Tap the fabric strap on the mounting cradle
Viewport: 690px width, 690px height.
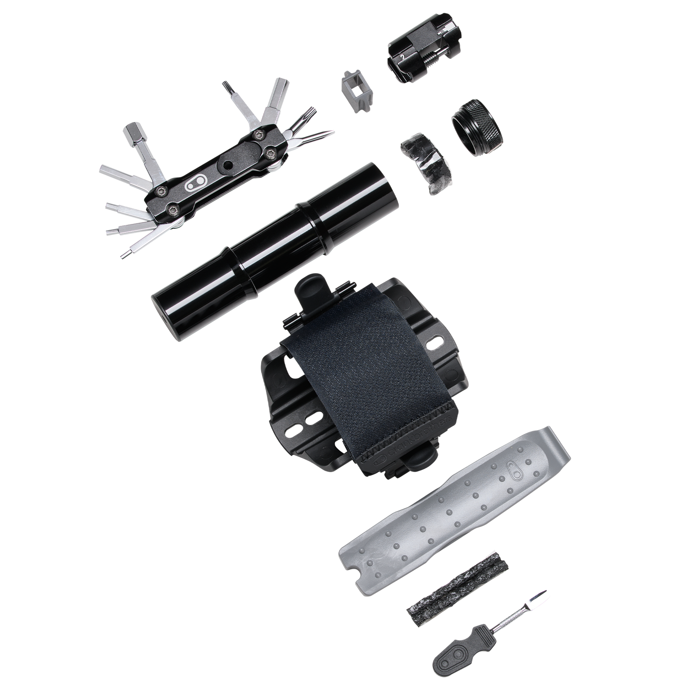(x=372, y=363)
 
